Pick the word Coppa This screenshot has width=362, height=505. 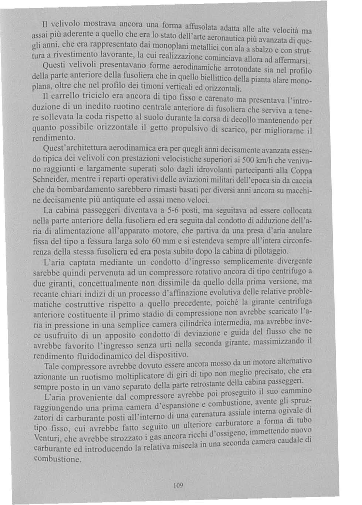[x=301, y=172]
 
